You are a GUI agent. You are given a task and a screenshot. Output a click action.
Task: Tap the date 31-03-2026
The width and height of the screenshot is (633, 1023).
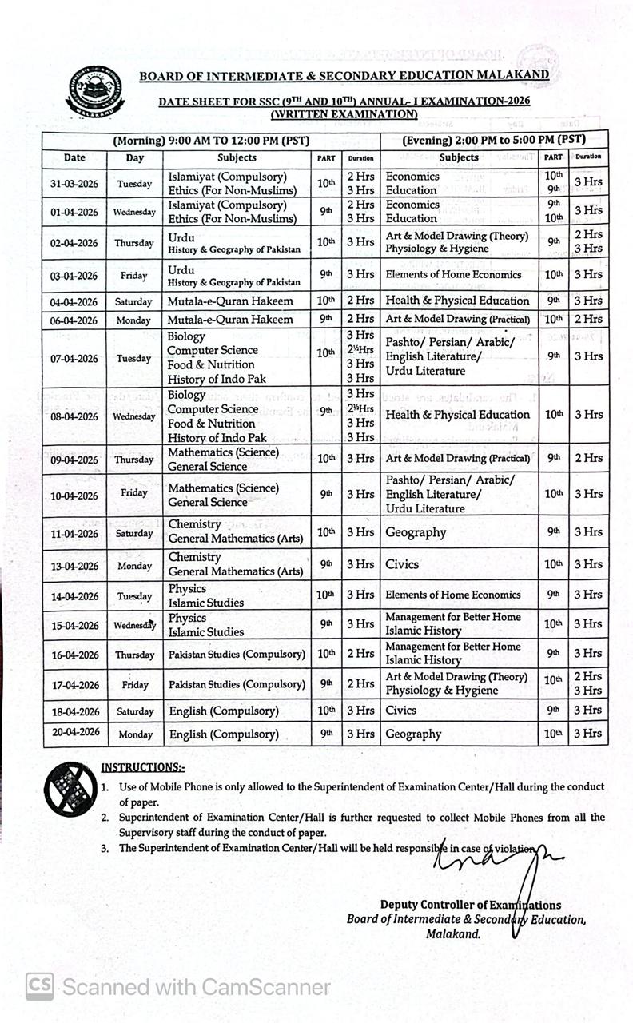point(74,184)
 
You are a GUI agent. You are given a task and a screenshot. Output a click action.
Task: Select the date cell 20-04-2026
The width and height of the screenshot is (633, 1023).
point(74,733)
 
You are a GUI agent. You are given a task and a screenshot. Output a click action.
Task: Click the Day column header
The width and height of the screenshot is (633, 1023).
point(135,158)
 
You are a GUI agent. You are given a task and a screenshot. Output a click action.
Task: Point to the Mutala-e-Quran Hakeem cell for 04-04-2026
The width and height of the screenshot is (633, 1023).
point(230,301)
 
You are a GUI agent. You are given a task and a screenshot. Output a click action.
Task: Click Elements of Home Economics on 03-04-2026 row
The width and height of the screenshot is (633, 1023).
point(453,274)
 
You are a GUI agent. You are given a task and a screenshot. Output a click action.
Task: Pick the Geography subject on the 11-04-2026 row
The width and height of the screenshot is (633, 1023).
point(416,532)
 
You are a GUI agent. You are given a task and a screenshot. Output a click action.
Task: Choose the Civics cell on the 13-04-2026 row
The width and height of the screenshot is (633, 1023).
point(402,564)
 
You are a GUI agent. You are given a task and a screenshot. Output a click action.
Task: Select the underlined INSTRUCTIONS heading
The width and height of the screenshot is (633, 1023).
point(142,767)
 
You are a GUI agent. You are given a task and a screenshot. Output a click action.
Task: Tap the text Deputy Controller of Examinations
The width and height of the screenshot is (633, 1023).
point(470,905)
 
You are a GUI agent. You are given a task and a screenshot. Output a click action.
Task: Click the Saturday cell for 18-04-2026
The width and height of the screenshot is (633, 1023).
point(135,711)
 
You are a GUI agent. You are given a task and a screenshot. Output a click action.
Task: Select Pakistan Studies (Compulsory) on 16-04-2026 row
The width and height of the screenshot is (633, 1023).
point(237,654)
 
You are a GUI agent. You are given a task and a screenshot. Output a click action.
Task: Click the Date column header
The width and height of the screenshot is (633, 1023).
point(74,158)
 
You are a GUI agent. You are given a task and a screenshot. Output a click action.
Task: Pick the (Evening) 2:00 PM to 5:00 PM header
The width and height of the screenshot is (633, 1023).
point(493,139)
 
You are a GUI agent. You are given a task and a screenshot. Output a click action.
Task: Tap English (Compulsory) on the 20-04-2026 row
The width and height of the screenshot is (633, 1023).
point(224,734)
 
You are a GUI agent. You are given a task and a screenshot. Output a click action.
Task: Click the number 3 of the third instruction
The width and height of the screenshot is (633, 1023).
point(105,849)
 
